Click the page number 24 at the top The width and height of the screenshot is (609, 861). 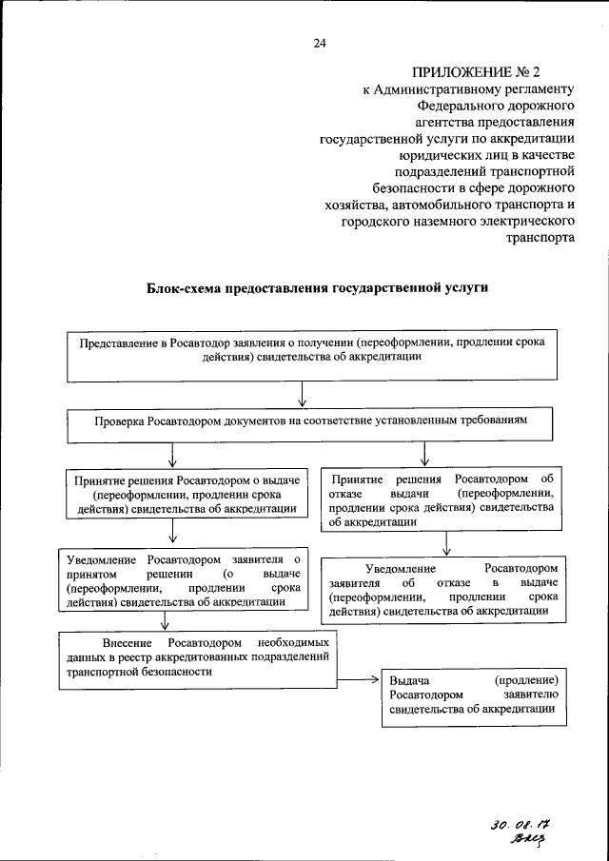click(x=320, y=43)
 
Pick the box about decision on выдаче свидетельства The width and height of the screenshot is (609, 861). click(x=187, y=495)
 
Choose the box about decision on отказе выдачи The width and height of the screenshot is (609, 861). click(x=441, y=499)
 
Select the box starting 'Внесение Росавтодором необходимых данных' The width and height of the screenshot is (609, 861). click(x=198, y=657)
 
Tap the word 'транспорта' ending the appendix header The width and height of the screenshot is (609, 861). click(x=546, y=239)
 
